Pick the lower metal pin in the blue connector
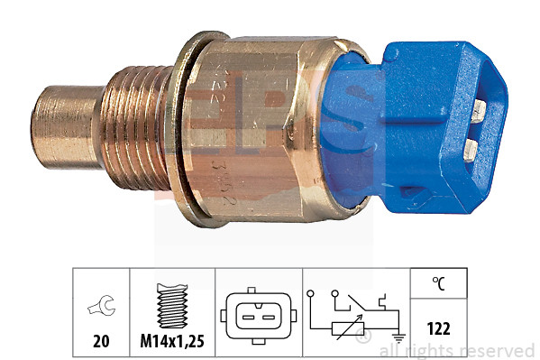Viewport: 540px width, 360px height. tap(474, 146)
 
